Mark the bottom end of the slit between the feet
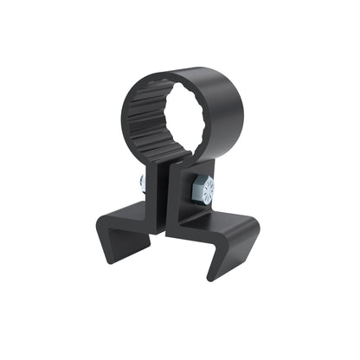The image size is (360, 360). [164, 235]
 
